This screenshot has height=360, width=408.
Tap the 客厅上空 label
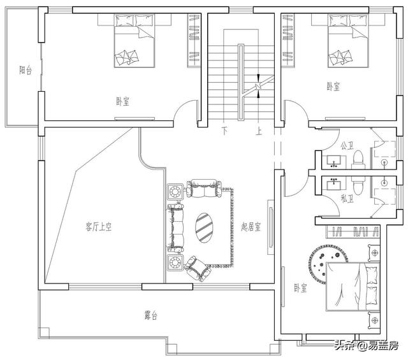point(99,226)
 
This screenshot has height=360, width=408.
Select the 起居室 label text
point(251,226)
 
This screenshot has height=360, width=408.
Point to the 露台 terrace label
point(151,315)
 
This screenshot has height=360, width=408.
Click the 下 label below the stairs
point(224,132)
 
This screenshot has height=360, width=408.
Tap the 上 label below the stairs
point(259,132)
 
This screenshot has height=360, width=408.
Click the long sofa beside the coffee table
point(175,226)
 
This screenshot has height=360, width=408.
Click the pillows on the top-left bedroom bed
point(127,59)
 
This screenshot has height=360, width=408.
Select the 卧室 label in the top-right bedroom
point(332,86)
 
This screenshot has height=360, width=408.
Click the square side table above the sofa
point(175,191)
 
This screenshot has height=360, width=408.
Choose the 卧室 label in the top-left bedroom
point(122,101)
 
